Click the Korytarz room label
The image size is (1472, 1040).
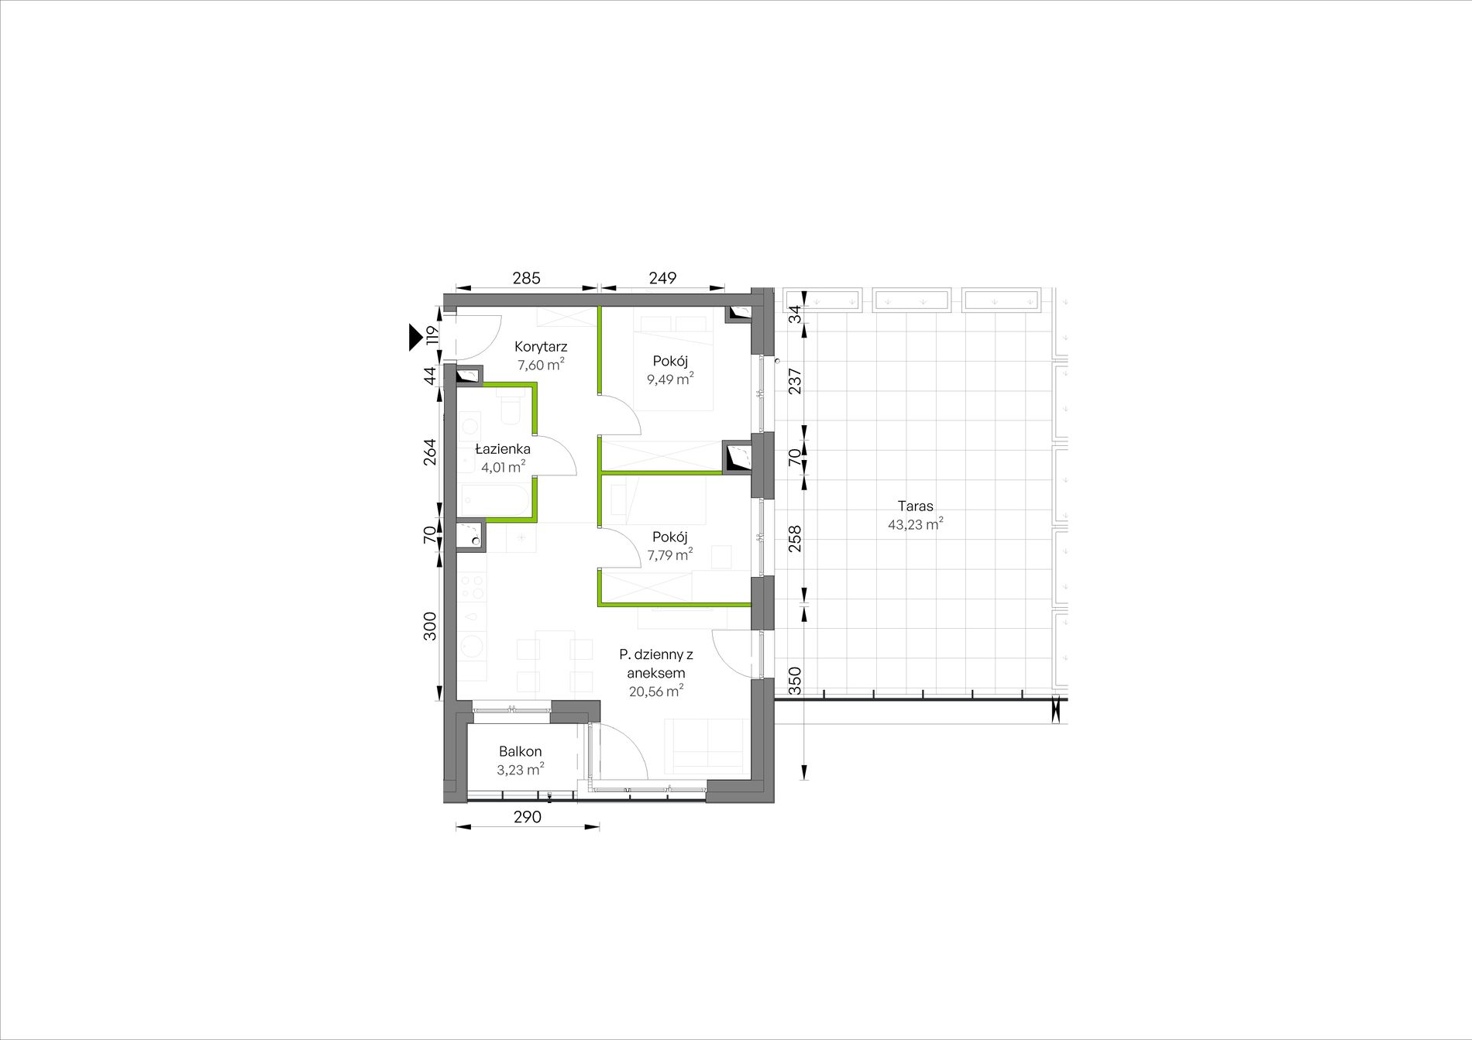click(541, 347)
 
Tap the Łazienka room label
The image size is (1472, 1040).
click(503, 449)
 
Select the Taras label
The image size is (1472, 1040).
click(916, 506)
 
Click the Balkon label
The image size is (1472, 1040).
click(521, 751)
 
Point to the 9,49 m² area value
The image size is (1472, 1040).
click(670, 379)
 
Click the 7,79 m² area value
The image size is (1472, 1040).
click(670, 554)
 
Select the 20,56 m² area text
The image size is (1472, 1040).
click(655, 692)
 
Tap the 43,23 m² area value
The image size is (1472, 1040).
click(916, 524)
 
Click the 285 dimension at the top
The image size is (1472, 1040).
click(526, 278)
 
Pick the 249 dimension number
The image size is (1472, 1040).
click(663, 278)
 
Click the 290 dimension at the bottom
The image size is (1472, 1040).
click(527, 817)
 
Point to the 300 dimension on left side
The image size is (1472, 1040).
click(431, 626)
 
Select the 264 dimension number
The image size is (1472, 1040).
click(431, 452)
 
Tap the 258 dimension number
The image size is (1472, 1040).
click(795, 539)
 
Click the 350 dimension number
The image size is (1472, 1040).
click(795, 681)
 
